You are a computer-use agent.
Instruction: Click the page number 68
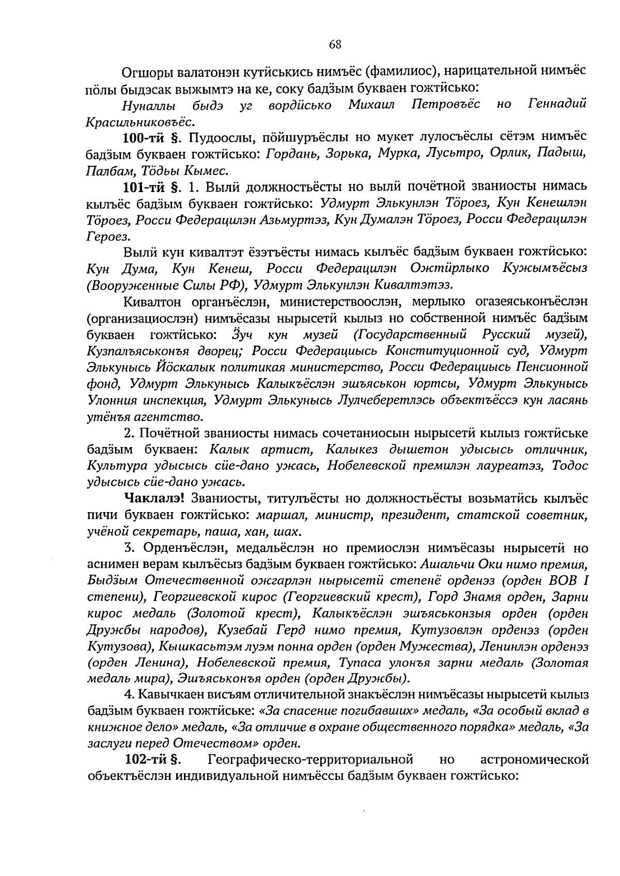pos(335,44)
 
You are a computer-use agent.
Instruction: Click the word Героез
pos(106,236)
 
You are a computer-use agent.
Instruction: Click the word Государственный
pos(415,335)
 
